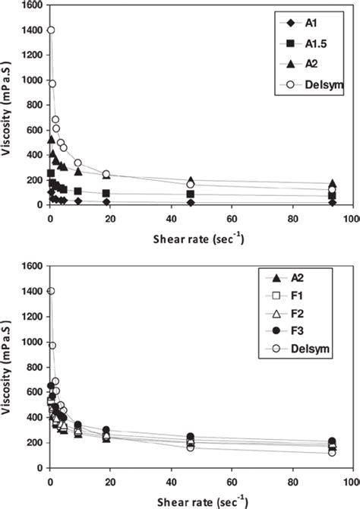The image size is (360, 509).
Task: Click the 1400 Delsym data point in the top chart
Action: [51, 30]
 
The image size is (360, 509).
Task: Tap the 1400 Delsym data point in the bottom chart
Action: [51, 291]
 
